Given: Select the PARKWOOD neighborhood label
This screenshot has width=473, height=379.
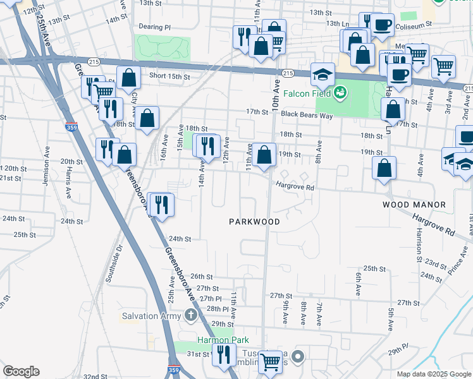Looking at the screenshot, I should pyautogui.click(x=254, y=222).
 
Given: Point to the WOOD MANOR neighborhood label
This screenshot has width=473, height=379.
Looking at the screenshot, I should pyautogui.click(x=414, y=205).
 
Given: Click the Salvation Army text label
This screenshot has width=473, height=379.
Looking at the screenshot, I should pyautogui.click(x=152, y=315).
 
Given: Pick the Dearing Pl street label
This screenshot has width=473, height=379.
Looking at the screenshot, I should pyautogui.click(x=156, y=27).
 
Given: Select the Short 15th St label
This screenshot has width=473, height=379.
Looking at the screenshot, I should pyautogui.click(x=169, y=76).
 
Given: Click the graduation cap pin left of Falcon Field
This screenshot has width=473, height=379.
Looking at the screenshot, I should pyautogui.click(x=322, y=75).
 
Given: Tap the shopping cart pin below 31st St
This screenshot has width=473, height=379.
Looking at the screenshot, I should pyautogui.click(x=270, y=363).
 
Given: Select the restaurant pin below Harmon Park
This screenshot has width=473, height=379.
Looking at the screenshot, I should pyautogui.click(x=223, y=354).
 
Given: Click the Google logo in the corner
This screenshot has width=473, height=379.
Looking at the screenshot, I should pyautogui.click(x=21, y=371).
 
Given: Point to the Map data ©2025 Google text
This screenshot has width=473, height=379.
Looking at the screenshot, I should pyautogui.click(x=433, y=374).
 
